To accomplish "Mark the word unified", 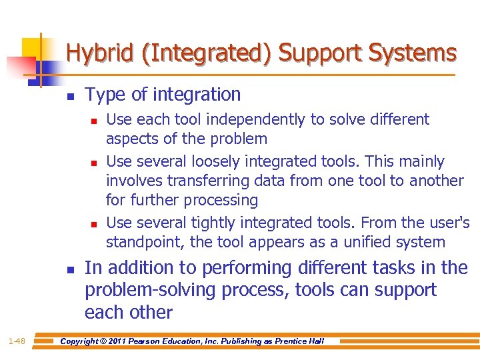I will click(x=354, y=242).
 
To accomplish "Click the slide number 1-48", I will click(x=17, y=341).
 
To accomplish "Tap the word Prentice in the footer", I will click(x=289, y=341).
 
